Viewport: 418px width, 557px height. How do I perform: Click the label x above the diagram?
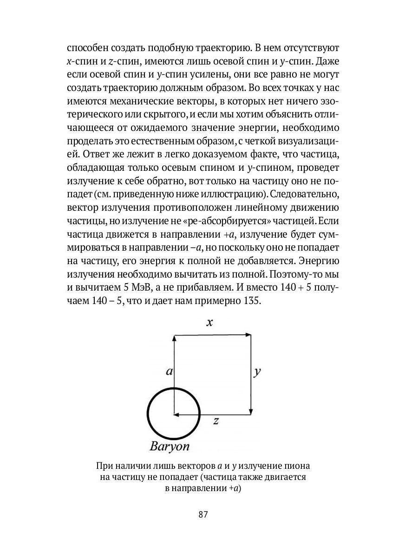pos(209,323)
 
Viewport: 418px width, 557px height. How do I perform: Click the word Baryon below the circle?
pos(170,447)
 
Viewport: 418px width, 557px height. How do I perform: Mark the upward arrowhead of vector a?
pos(174,338)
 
